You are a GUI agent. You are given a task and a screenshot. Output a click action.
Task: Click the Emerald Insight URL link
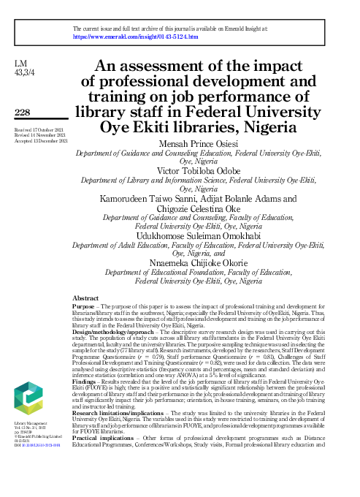pyautogui.click(x=134, y=35)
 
